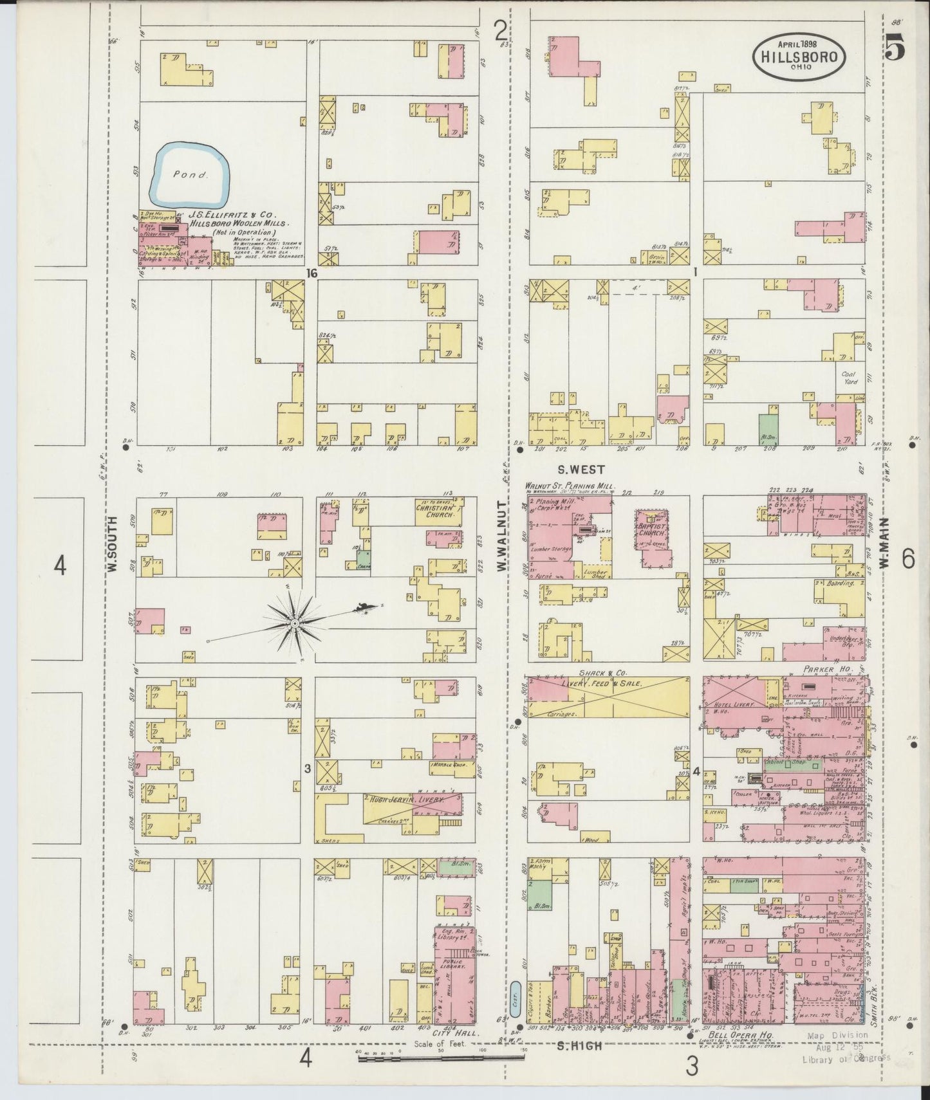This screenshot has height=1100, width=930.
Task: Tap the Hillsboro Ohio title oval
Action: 799,56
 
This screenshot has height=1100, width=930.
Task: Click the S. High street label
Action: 582,1046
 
